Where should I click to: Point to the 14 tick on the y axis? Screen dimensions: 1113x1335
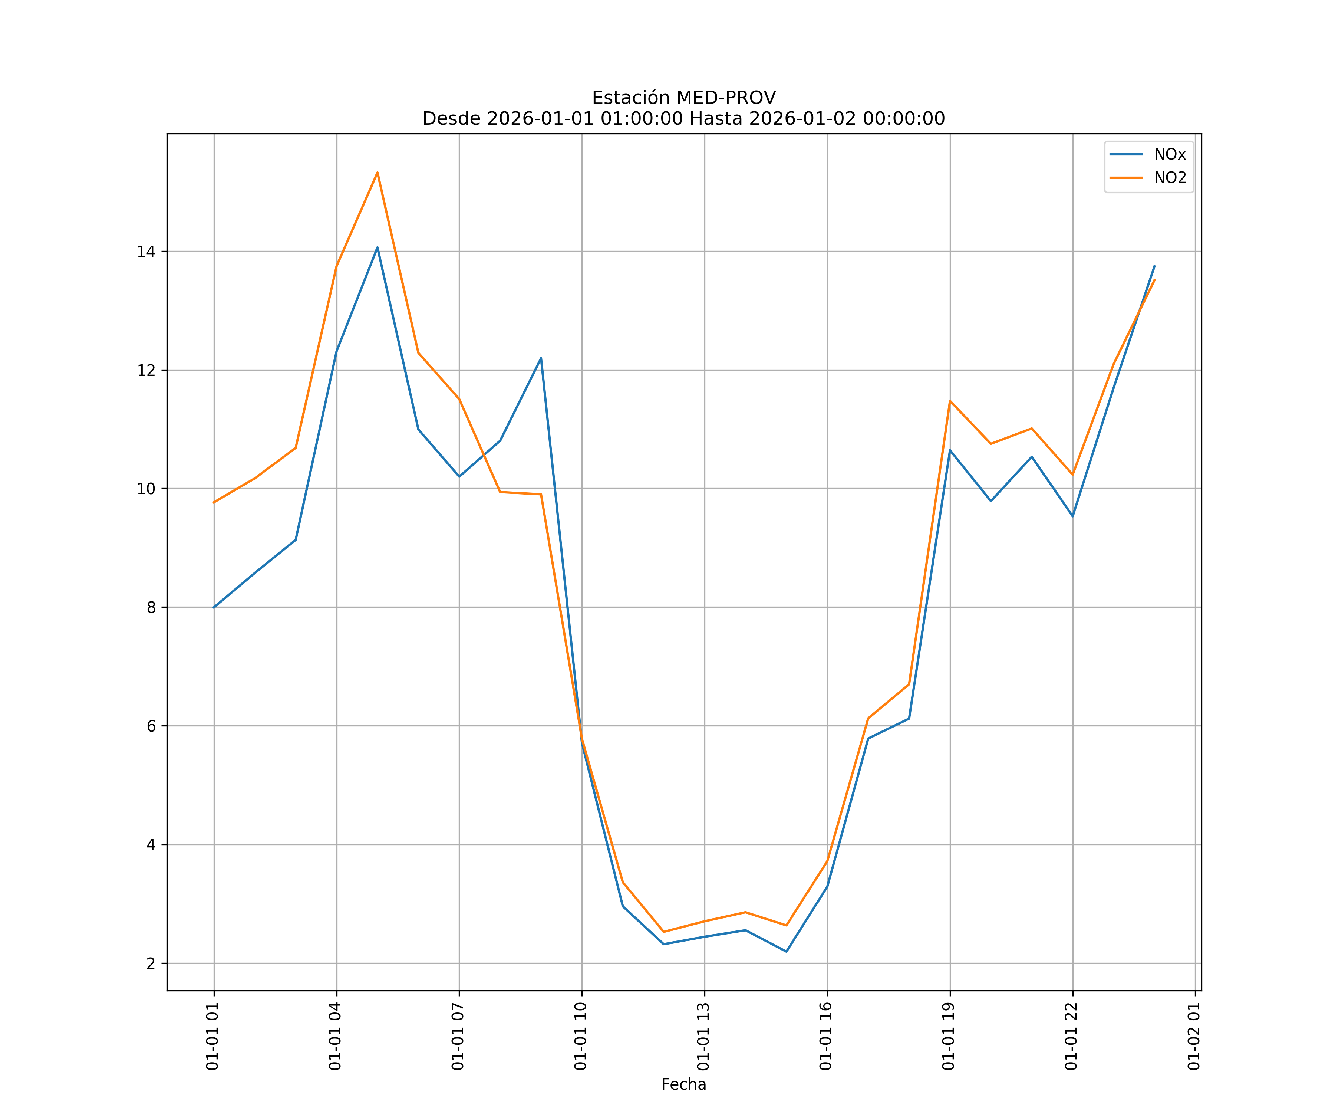point(146,251)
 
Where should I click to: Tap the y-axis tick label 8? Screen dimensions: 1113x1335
point(151,607)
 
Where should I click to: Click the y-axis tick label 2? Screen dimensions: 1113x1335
point(151,963)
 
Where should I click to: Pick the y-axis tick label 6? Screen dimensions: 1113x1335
point(151,726)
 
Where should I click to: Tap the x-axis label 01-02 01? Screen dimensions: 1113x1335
point(1194,1036)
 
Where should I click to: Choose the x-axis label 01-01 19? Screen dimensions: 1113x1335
point(949,1036)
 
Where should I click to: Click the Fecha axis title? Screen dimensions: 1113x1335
point(683,1084)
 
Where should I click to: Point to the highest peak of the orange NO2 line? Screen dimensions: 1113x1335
point(378,173)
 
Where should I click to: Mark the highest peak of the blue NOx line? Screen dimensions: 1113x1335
point(378,247)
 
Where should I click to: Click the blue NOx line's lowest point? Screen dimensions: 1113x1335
point(787,952)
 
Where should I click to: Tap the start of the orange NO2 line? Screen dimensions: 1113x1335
point(214,502)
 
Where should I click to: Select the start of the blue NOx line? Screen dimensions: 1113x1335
point(214,607)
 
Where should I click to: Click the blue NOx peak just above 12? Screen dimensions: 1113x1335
point(541,358)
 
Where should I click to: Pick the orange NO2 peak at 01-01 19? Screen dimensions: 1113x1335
point(950,401)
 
